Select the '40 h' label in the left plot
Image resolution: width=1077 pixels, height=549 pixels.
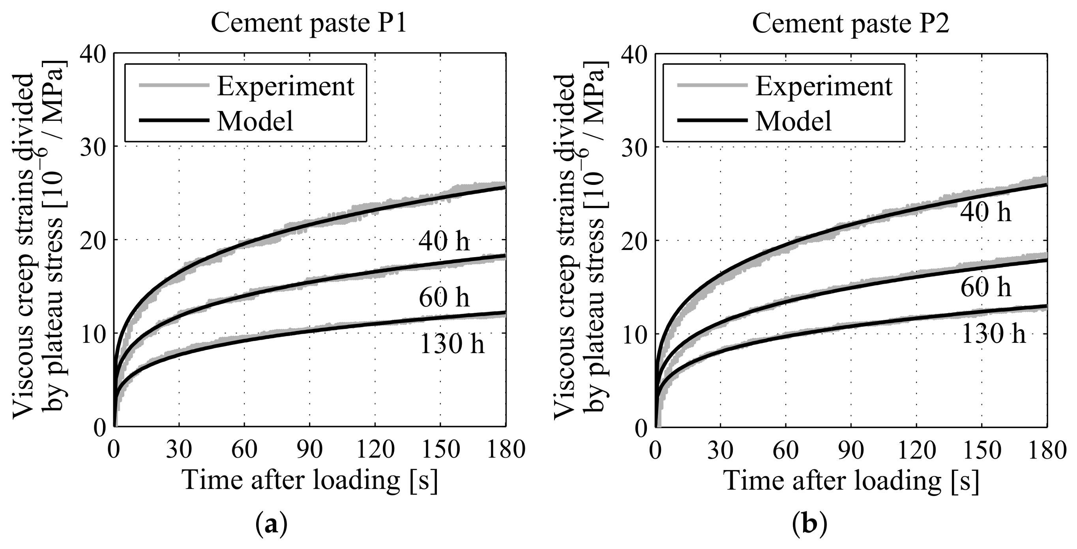[444, 242]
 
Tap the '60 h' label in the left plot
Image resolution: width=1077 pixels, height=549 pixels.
[444, 297]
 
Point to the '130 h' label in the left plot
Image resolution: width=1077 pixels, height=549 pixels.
[451, 345]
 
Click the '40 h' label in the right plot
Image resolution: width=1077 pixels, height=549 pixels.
[985, 212]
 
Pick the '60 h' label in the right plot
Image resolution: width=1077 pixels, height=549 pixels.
[985, 288]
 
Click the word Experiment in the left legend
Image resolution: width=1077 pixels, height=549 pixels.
[286, 86]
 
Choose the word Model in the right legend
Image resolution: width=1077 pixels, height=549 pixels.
[794, 121]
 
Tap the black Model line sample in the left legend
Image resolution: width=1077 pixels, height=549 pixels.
[174, 121]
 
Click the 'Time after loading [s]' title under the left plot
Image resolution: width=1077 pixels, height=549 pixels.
[310, 481]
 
